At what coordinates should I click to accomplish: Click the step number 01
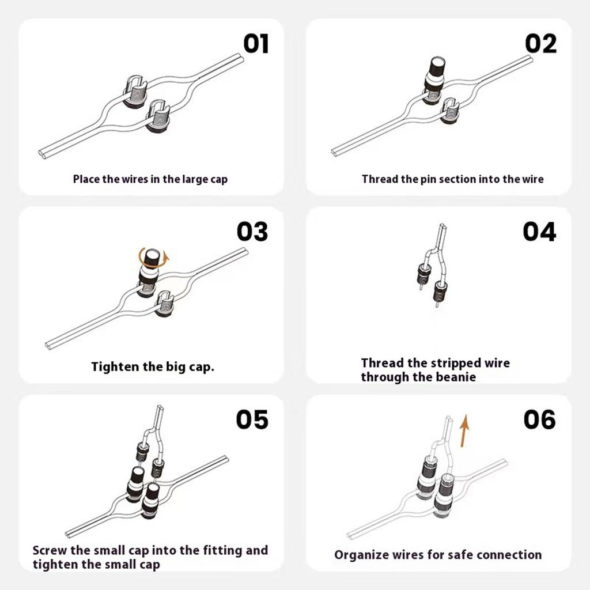pyautogui.click(x=256, y=44)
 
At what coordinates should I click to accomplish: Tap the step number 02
pyautogui.click(x=541, y=44)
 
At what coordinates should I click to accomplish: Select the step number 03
pyautogui.click(x=252, y=232)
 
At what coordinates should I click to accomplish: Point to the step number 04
pyautogui.click(x=539, y=232)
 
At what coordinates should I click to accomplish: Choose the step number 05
pyautogui.click(x=252, y=420)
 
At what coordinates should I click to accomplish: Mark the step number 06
pyautogui.click(x=539, y=420)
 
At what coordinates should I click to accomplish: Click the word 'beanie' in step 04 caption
pyautogui.click(x=455, y=377)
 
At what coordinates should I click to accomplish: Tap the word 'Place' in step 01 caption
pyautogui.click(x=86, y=179)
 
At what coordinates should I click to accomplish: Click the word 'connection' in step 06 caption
pyautogui.click(x=509, y=555)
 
